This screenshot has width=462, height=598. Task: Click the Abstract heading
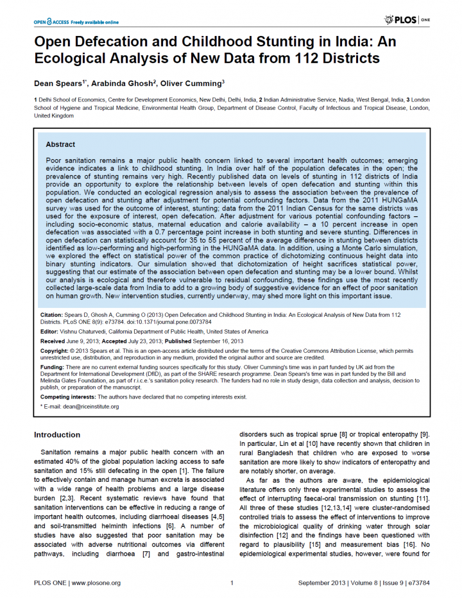click(x=60, y=144)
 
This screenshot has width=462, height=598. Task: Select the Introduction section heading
click(x=57, y=435)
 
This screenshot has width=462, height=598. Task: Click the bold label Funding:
click(x=52, y=365)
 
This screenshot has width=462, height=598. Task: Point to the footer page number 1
click(x=231, y=583)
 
